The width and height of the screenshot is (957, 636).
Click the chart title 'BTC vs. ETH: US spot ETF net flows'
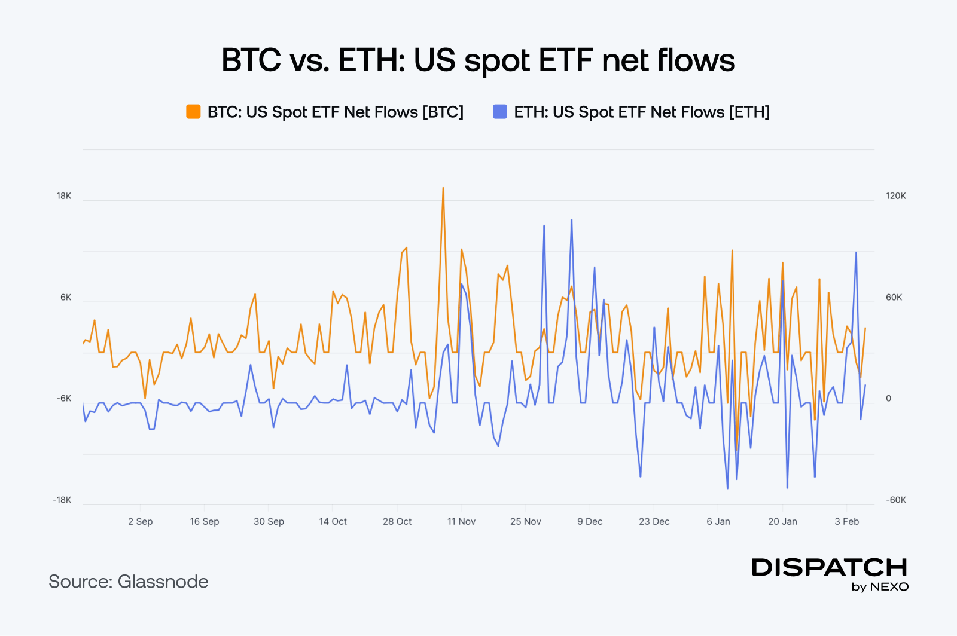tap(478, 60)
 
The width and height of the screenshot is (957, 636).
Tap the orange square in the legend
tap(193, 112)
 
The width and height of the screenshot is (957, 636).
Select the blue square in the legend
tap(499, 112)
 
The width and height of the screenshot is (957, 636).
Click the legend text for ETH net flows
tap(642, 112)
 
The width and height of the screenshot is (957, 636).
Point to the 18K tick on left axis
tap(64, 196)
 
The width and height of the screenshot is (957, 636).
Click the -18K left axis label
tap(62, 500)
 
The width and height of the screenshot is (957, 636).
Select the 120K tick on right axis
tap(896, 196)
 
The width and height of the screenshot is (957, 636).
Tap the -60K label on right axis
tap(896, 500)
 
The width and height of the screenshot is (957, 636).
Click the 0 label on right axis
tap(888, 399)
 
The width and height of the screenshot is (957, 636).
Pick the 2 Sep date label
tap(140, 522)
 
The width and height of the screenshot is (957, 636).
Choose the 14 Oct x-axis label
tap(333, 522)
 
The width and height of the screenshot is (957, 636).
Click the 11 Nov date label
tap(461, 522)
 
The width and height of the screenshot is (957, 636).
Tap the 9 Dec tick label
tap(590, 522)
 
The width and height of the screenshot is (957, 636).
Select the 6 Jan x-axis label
tap(718, 522)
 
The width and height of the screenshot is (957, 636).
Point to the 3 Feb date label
tap(847, 522)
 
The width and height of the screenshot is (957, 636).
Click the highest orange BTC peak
tap(443, 188)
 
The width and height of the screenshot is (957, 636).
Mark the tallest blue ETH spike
tap(571, 220)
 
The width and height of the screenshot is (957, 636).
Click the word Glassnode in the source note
tap(163, 582)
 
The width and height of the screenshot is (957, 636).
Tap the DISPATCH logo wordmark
tap(830, 567)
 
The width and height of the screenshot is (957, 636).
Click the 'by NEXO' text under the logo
tap(880, 587)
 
